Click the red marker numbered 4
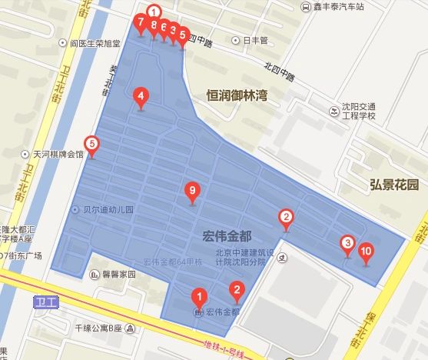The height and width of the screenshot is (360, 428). tap(140, 98)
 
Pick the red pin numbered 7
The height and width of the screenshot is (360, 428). tap(141, 23)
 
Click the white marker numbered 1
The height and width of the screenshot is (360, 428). tap(154, 12)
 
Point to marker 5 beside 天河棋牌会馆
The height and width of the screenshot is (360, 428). tap(91, 144)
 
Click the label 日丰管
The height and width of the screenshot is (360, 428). tap(254, 40)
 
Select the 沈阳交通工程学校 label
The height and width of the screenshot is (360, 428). tap(360, 112)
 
